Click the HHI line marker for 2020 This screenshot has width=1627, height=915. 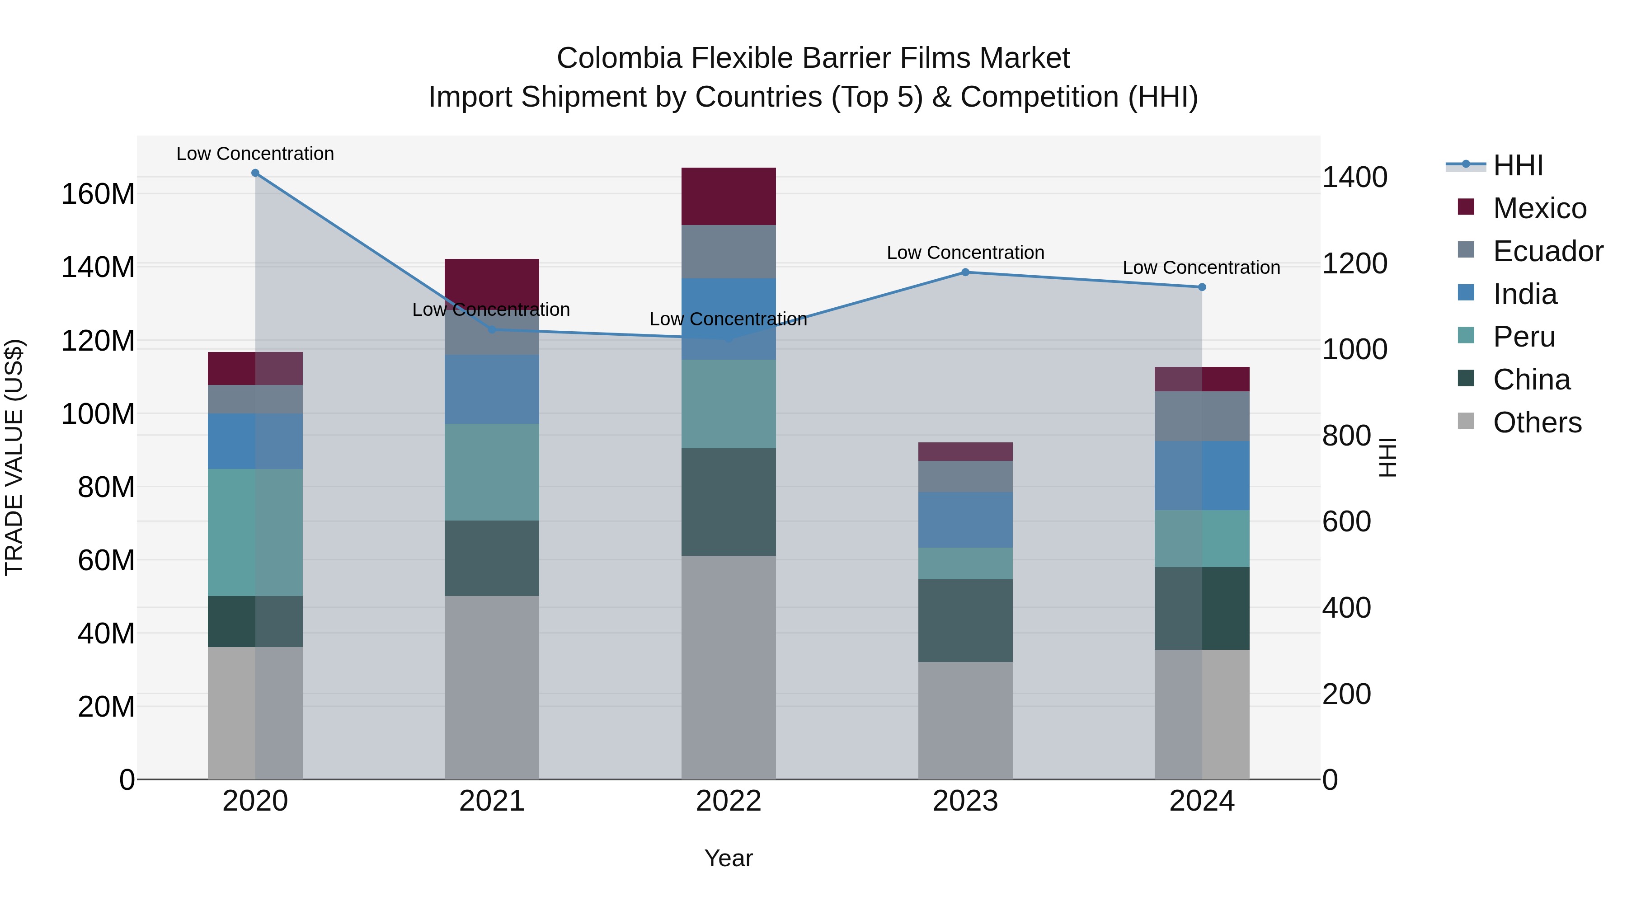coord(255,173)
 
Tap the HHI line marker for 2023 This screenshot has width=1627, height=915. coord(965,272)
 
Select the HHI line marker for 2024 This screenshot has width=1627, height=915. coord(1202,287)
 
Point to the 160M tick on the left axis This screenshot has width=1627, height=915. coord(98,194)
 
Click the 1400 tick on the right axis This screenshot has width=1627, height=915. coord(1355,178)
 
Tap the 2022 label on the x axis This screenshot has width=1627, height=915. coord(728,801)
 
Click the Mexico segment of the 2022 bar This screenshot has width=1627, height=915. coord(728,197)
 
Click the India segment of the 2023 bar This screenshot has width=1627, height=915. coord(965,520)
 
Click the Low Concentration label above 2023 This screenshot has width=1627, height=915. coord(965,253)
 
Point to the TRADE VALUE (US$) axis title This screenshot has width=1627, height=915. coord(14,457)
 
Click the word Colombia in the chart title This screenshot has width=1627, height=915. coord(619,58)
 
